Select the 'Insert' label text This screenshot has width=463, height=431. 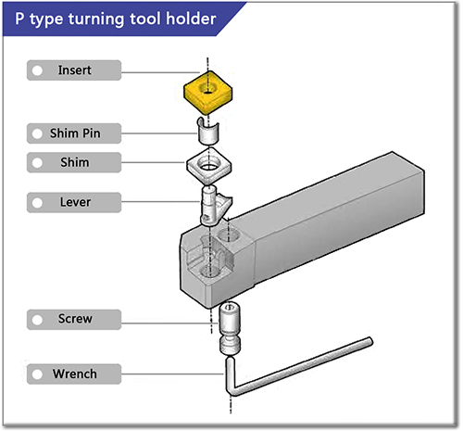75,70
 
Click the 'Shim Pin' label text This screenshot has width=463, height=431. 75,133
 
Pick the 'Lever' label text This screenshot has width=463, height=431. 75,201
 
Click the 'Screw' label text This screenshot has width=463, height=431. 75,319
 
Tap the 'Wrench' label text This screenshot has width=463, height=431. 75,374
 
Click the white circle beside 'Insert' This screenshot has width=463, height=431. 36,71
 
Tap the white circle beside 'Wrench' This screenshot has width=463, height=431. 36,374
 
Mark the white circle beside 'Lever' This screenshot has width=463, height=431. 36,201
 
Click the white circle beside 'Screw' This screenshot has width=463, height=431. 36,319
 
